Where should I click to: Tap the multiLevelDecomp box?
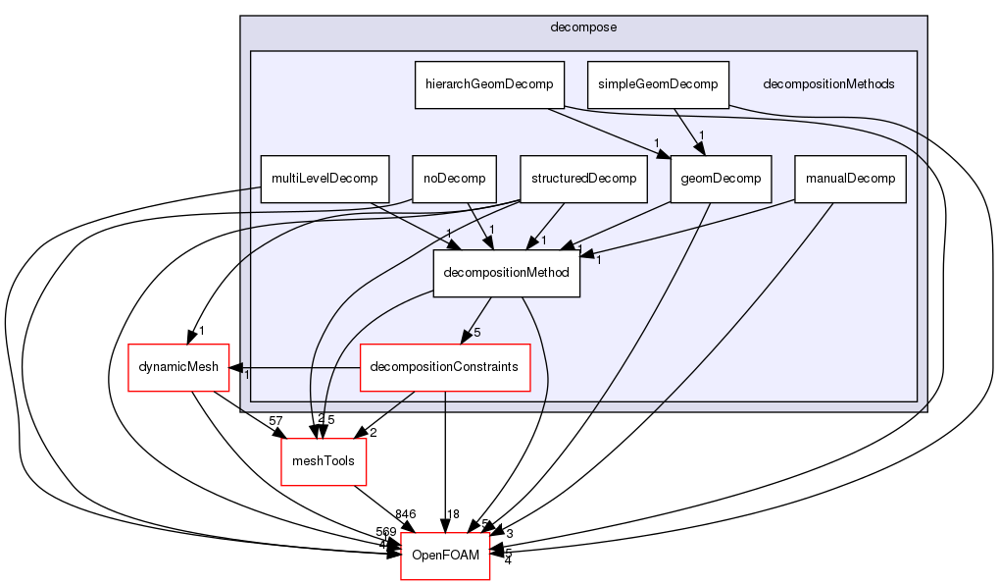tap(324, 179)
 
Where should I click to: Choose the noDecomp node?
tap(454, 179)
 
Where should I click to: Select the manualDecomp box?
tap(849, 179)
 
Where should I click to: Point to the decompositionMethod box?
tap(507, 273)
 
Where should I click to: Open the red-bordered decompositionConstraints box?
tap(445, 367)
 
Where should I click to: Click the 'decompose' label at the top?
tap(583, 27)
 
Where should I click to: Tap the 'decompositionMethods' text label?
tap(828, 84)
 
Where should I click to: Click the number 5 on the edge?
tap(477, 332)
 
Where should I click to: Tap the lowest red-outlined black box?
tap(444, 557)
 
